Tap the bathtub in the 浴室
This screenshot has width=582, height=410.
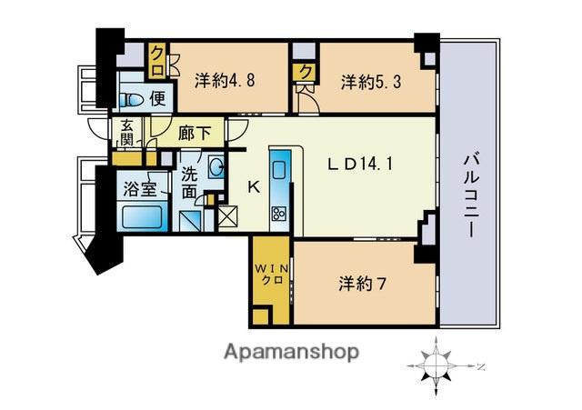pyautogui.click(x=143, y=217)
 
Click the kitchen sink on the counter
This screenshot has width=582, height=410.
pyautogui.click(x=279, y=169)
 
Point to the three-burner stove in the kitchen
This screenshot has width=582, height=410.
pyautogui.click(x=279, y=214)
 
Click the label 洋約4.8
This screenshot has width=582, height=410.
pyautogui.click(x=225, y=80)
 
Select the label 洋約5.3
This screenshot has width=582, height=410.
pyautogui.click(x=371, y=81)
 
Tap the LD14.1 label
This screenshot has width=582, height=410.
pyautogui.click(x=360, y=164)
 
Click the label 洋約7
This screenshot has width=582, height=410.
pyautogui.click(x=362, y=285)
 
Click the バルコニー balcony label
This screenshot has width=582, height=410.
pyautogui.click(x=470, y=196)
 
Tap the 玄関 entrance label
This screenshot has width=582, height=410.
pyautogui.click(x=127, y=133)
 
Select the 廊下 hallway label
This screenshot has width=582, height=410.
pyautogui.click(x=195, y=134)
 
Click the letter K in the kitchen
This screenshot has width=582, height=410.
pyautogui.click(x=255, y=187)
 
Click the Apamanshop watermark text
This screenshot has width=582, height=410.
pyautogui.click(x=291, y=352)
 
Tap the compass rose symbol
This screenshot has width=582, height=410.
pyautogui.click(x=436, y=366)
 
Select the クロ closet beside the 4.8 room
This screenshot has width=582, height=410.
pyautogui.click(x=157, y=61)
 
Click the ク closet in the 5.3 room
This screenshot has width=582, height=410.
pyautogui.click(x=306, y=72)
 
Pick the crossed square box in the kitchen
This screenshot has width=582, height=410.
pyautogui.click(x=227, y=216)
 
